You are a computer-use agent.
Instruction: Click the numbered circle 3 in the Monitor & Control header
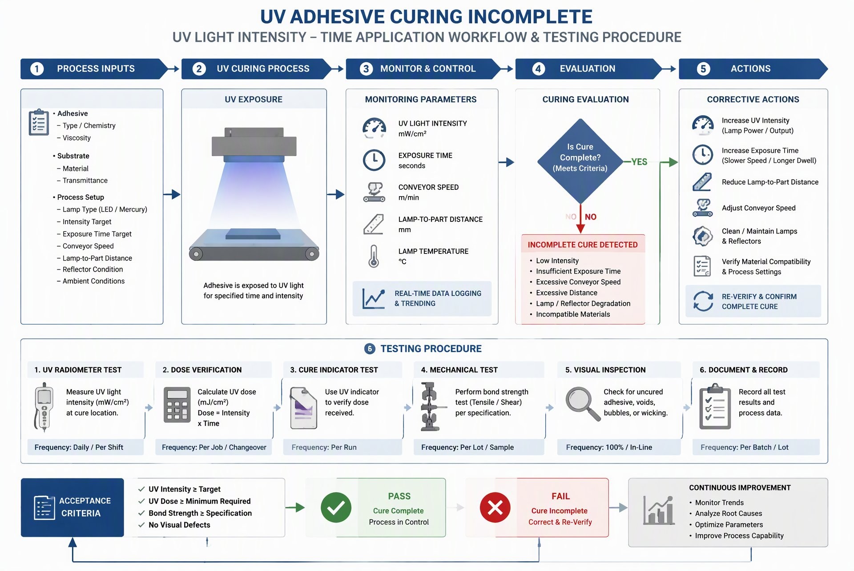(366, 69)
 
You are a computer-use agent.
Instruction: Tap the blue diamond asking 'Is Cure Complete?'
(580, 161)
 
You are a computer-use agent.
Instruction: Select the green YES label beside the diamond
(639, 162)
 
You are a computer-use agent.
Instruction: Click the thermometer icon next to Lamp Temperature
(374, 256)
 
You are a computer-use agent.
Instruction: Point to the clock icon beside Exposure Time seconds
(374, 160)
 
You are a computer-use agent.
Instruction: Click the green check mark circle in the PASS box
(336, 507)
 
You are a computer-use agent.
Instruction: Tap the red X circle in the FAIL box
(495, 507)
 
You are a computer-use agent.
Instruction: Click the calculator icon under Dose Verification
(177, 405)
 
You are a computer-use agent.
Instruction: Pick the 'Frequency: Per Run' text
(324, 447)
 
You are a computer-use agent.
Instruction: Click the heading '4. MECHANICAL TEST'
(459, 370)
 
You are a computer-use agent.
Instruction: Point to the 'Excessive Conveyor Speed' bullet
(578, 282)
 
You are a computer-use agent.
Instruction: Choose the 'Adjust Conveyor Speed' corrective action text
(759, 208)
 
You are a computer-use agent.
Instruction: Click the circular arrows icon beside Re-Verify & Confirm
(703, 301)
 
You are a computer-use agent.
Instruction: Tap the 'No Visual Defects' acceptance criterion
(179, 525)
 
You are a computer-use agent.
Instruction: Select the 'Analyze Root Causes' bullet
(729, 514)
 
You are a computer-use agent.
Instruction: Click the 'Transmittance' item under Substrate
(85, 181)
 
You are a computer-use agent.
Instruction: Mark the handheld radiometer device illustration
(44, 407)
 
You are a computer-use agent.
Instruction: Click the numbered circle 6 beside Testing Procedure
(370, 349)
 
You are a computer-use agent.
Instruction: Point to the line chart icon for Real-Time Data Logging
(374, 298)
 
